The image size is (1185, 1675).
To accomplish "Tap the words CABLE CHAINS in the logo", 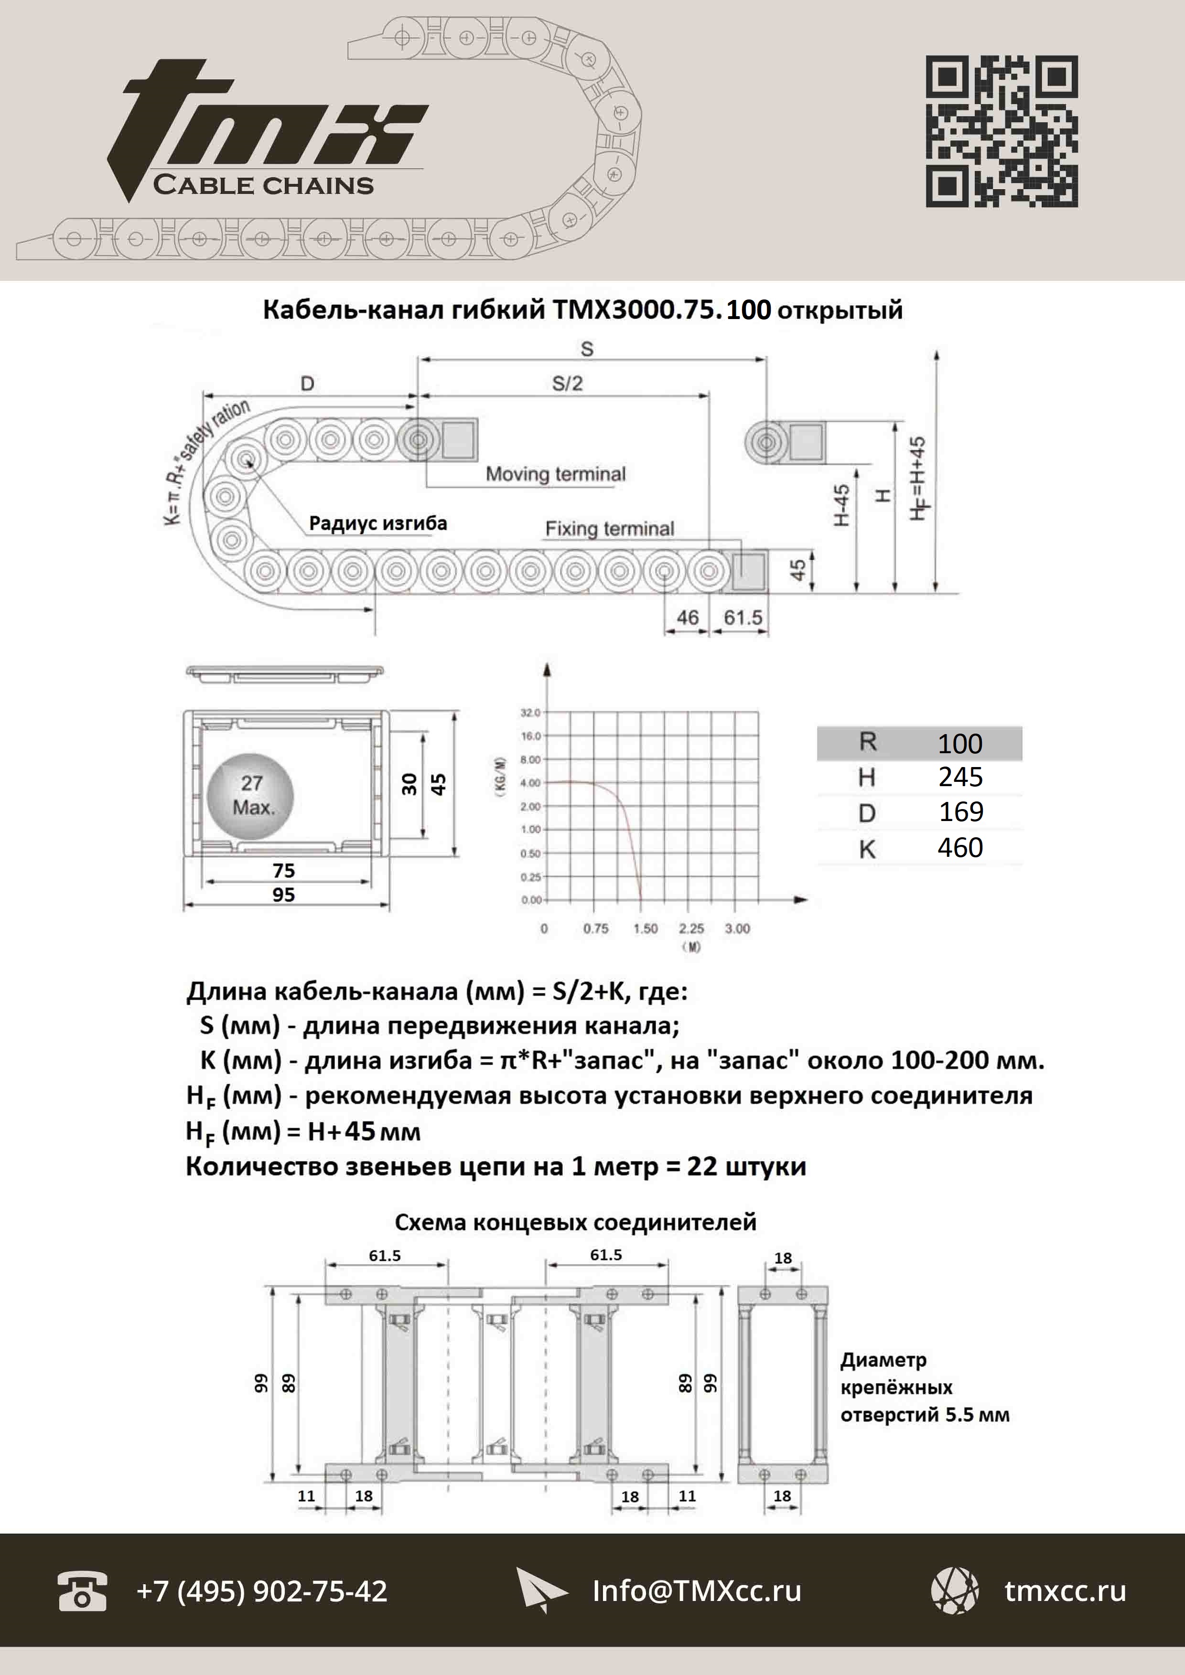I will [x=263, y=185].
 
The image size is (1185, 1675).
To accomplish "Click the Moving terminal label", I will [x=555, y=474].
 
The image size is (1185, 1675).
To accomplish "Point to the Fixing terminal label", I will [x=609, y=528].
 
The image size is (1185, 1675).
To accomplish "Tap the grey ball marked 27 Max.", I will [x=251, y=795].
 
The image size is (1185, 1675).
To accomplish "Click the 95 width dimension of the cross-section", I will [x=283, y=895].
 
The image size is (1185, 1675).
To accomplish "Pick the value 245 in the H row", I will [x=960, y=777].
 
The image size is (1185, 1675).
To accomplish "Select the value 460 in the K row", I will [x=960, y=848].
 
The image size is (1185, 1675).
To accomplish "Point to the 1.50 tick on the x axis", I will [x=645, y=928].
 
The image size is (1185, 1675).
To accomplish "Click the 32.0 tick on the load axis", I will [x=530, y=712].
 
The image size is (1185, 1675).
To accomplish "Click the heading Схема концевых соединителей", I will [x=575, y=1222].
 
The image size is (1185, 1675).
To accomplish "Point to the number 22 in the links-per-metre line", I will [x=702, y=1166].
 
